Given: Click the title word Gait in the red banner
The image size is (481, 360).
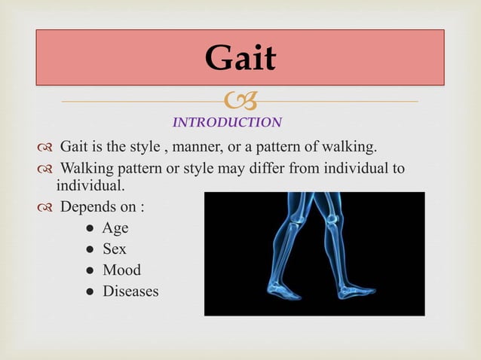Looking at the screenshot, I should coord(240,58).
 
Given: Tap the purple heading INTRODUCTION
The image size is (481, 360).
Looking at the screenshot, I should coord(227,122).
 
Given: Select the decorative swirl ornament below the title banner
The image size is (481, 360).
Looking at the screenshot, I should coord(240,102).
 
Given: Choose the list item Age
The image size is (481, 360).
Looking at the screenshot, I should coord(116,227).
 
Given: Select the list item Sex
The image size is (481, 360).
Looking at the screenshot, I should coord(115,249).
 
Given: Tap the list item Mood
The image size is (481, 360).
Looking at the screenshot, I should coord(121,270).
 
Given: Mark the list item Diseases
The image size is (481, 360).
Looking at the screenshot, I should coord(130,291).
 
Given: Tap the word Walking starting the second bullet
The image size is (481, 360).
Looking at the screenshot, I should coord(87,167).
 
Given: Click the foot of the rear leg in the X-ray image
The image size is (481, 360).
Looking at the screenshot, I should coord(283,290).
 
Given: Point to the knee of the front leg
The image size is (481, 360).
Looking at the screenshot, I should coord(331,218).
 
